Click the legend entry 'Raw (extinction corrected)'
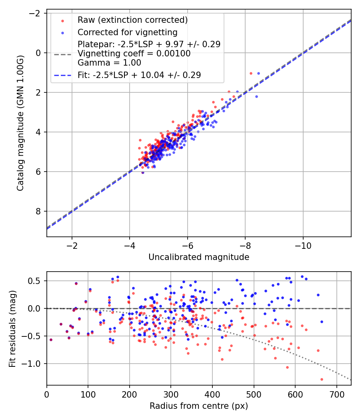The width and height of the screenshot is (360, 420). pyautogui.click(x=132, y=20)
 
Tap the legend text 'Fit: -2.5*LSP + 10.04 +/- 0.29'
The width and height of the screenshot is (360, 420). pyautogui.click(x=139, y=75)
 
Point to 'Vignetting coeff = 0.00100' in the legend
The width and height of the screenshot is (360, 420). pyautogui.click(x=134, y=53)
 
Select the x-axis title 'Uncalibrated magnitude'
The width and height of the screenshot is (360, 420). pyautogui.click(x=199, y=257)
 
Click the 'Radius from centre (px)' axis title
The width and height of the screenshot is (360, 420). pyautogui.click(x=199, y=406)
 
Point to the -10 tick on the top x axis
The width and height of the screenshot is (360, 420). pyautogui.click(x=302, y=244)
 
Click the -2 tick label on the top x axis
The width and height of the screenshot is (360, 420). pyautogui.click(x=72, y=244)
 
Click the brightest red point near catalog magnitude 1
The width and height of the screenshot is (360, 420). pyautogui.click(x=251, y=73)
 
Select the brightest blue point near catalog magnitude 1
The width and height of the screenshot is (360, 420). pyautogui.click(x=258, y=73)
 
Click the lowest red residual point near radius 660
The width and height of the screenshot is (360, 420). pyautogui.click(x=322, y=379)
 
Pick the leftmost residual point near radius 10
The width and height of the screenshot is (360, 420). pyautogui.click(x=51, y=340)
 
